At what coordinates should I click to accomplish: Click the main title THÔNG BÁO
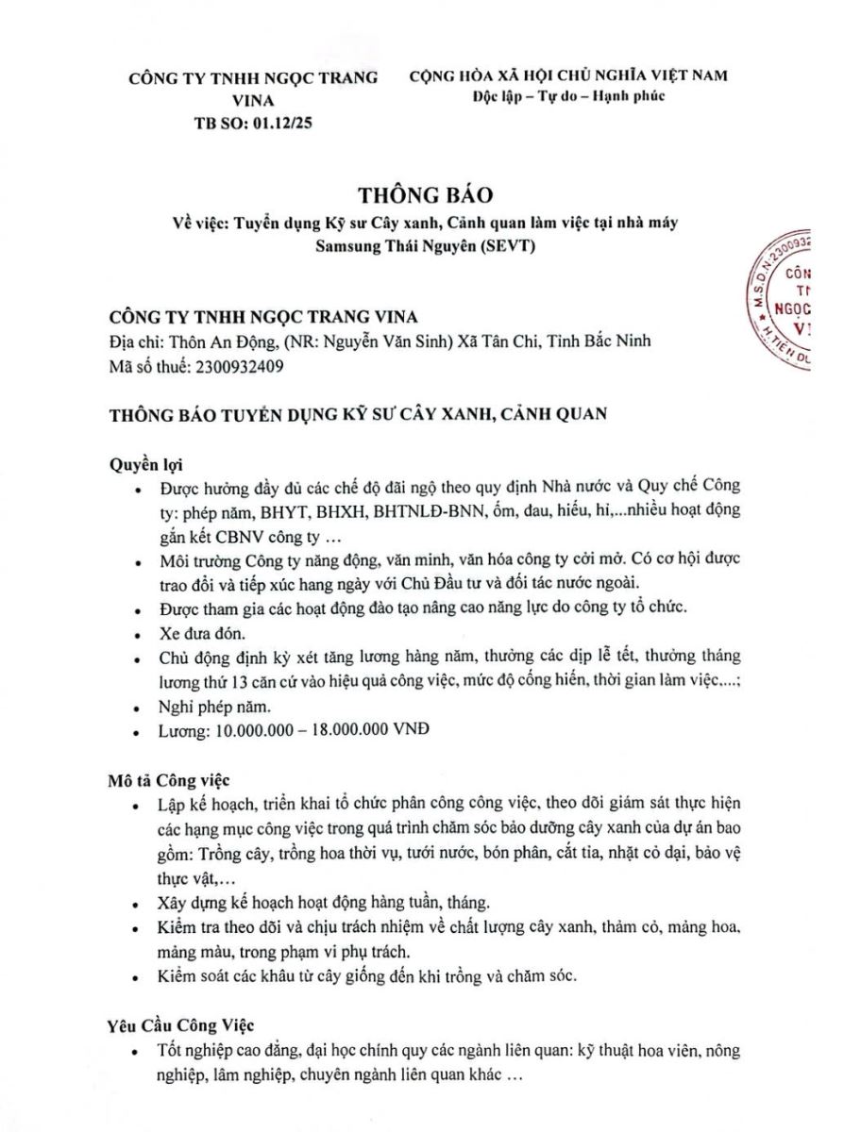coord(426,195)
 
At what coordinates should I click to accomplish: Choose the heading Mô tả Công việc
coord(169,781)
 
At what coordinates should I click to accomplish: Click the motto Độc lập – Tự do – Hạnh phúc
coord(569,96)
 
